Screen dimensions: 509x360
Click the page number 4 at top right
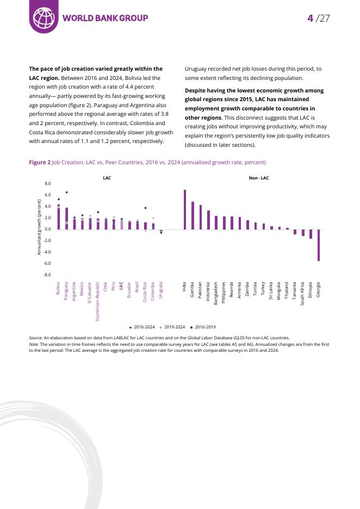(x=310, y=18)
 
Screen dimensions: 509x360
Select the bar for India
(x=185, y=209)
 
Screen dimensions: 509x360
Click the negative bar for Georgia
(x=318, y=245)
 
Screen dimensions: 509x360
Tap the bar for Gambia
(x=193, y=215)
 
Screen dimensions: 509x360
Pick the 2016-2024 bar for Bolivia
(x=59, y=217)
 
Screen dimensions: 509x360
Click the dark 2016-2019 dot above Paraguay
(x=66, y=192)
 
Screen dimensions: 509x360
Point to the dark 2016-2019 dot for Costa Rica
(x=145, y=208)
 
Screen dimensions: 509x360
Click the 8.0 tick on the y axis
(x=47, y=184)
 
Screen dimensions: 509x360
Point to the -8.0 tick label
(x=47, y=275)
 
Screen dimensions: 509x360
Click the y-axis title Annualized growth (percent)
(x=39, y=227)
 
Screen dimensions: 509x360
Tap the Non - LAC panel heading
(x=258, y=178)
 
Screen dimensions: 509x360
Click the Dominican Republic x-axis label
(x=98, y=301)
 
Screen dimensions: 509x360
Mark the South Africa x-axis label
(x=302, y=294)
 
